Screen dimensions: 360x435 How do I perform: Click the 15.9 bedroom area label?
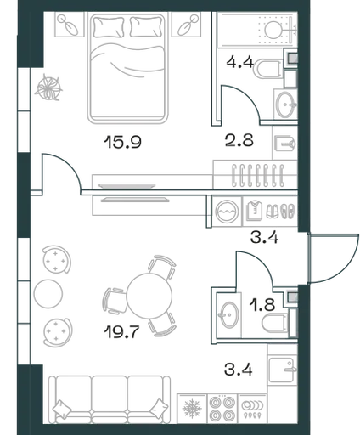point(122,142)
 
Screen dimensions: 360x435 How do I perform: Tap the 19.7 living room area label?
point(121,332)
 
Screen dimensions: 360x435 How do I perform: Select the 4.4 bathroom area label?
point(240,62)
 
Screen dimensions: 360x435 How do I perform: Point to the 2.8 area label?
point(239,140)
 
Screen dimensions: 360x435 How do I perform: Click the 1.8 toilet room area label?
point(262,305)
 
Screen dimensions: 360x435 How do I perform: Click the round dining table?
point(149,296)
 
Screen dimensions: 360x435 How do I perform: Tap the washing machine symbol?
point(227,211)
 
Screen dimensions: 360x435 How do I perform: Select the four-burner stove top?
point(222,409)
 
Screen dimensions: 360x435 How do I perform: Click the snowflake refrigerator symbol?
point(192,409)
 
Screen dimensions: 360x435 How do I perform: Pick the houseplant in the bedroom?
point(48,88)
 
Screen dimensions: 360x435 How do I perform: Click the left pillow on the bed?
point(110,27)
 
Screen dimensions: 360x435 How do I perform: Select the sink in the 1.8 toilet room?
point(229,315)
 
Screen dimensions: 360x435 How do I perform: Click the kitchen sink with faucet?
point(282,370)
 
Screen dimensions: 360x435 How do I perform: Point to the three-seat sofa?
point(110,399)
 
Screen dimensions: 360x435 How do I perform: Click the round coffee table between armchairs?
point(48,294)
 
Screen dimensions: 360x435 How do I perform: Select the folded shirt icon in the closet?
point(254,210)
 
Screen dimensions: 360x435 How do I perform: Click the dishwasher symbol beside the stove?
point(252,409)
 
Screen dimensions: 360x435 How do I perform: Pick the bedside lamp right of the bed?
point(186,25)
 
